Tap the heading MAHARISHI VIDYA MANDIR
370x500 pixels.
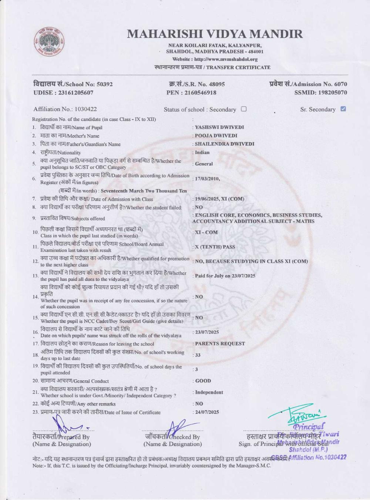215,34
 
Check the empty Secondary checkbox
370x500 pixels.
243,109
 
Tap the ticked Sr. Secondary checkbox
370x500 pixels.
343,109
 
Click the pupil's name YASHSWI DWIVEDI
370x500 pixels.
219,127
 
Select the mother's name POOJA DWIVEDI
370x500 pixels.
216,136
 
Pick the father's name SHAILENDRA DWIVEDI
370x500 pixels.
225,144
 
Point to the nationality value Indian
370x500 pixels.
202,152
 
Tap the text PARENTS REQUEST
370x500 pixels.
220,343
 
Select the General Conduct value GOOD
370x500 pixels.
203,381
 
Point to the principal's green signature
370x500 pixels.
302,417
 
